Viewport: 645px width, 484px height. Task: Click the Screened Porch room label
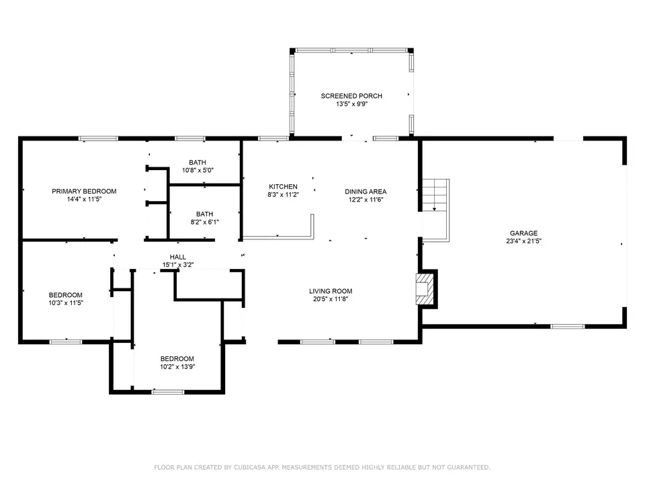click(351, 96)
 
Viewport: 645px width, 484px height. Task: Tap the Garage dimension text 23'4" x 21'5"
click(523, 241)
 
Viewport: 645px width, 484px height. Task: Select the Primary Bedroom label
click(84, 192)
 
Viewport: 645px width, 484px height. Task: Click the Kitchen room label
click(283, 187)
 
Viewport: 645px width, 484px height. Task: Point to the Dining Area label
click(365, 192)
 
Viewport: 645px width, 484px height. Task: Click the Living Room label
click(331, 291)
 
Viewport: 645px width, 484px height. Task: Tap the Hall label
click(177, 257)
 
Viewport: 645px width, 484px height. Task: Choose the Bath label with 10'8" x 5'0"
click(198, 163)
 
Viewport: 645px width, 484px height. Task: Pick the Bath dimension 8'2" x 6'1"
click(204, 223)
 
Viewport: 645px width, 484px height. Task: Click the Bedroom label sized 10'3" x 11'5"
click(65, 295)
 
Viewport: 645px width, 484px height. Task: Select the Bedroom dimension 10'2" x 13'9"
click(177, 367)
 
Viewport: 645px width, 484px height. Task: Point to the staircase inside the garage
click(436, 210)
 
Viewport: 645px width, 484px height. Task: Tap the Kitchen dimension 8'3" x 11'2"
click(283, 195)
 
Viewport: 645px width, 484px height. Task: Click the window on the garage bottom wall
click(567, 327)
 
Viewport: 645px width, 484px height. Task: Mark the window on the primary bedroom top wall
click(98, 138)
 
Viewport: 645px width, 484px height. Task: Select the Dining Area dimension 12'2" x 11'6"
click(365, 200)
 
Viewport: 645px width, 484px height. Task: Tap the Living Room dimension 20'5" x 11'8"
click(331, 299)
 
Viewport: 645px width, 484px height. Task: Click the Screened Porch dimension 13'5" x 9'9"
click(351, 104)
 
